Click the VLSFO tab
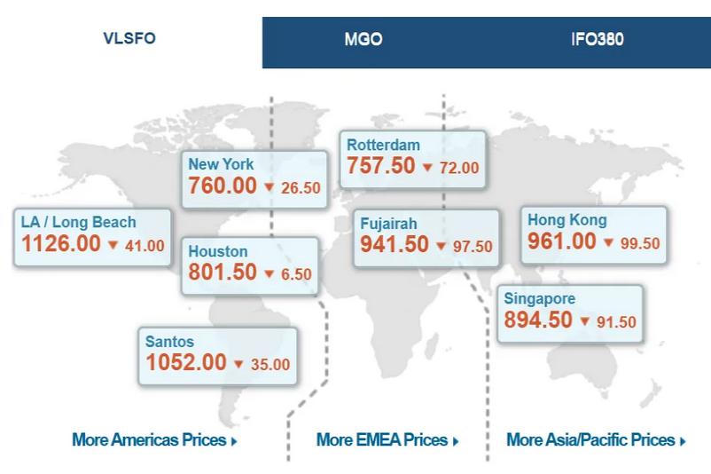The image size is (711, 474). pos(129,39)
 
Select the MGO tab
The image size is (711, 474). pos(363,40)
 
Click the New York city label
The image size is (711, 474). pos(221,164)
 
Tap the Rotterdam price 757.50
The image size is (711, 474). pos(380,166)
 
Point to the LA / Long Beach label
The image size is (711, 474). pos(79,222)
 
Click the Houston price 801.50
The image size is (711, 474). pos(223,273)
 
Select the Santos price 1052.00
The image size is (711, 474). pos(185,362)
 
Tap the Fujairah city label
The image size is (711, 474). pos(388,224)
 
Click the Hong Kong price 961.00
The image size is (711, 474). pos(561,241)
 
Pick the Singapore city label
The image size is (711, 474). pos(539,299)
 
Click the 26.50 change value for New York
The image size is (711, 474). pos(301,188)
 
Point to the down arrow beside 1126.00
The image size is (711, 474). pos(113,246)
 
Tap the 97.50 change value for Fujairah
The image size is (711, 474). pos(473,247)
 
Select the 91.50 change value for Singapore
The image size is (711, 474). pos(616,322)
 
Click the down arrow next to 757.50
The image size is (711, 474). pos(426,167)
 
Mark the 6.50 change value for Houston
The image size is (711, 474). pos(296,274)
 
